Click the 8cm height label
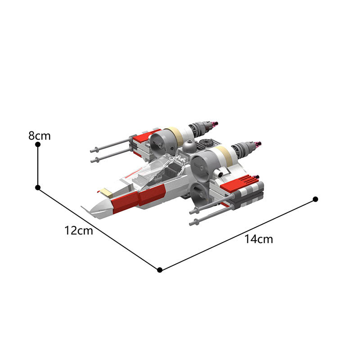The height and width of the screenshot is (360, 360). (40, 135)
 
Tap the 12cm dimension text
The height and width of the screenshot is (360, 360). (78, 231)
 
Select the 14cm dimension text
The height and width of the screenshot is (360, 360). (259, 239)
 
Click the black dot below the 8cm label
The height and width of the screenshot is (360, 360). (38, 144)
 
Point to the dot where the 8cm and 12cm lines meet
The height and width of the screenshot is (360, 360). (38, 187)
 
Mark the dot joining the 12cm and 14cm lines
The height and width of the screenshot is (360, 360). (160, 270)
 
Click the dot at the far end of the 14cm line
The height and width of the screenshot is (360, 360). (315, 199)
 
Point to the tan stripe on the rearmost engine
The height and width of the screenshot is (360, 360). (177, 134)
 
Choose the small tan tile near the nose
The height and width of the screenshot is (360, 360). (106, 192)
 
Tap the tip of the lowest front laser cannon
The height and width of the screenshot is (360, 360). (192, 222)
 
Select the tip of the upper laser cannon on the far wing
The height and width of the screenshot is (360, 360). (92, 150)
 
